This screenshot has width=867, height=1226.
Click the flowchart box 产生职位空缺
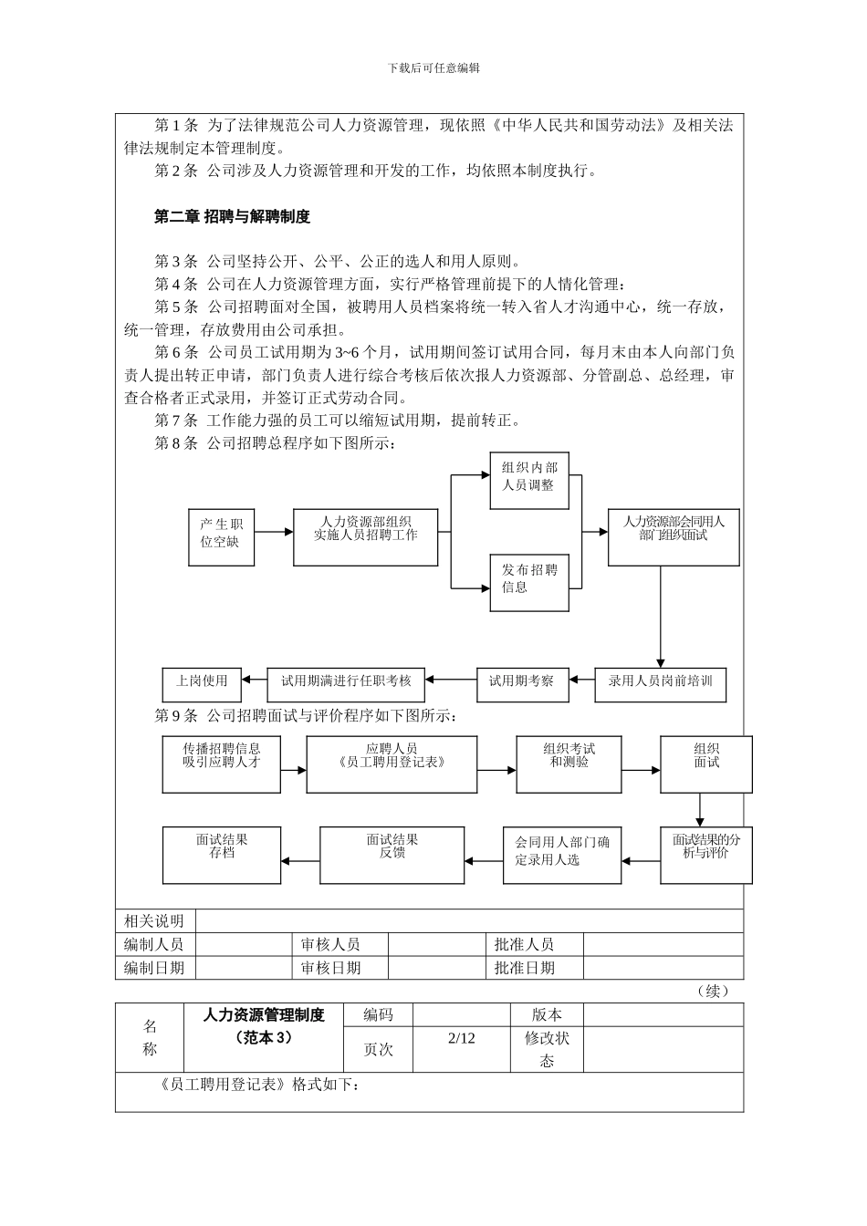pyautogui.click(x=221, y=536)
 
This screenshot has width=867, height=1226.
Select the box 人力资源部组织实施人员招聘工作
pyautogui.click(x=365, y=536)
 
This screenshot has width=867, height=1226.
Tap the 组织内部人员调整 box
pyautogui.click(x=529, y=481)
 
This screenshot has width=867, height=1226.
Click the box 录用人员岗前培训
pyautogui.click(x=661, y=684)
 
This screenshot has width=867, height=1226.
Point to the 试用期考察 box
pyautogui.click(x=522, y=684)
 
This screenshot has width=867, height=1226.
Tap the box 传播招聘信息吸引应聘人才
pyautogui.click(x=222, y=764)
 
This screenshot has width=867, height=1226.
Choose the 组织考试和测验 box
pyautogui.click(x=569, y=764)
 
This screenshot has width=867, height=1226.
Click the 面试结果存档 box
pyautogui.click(x=222, y=855)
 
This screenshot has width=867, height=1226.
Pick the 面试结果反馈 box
pyautogui.click(x=392, y=855)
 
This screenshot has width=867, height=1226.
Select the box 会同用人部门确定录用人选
pyautogui.click(x=562, y=855)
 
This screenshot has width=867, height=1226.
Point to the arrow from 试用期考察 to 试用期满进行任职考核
pyautogui.click(x=451, y=680)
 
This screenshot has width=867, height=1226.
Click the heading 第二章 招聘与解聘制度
pyautogui.click(x=232, y=217)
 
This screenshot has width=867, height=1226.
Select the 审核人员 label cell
pyautogui.click(x=330, y=944)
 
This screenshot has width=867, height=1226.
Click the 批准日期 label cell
pyautogui.click(x=524, y=968)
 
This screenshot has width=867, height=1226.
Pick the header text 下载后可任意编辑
pyautogui.click(x=434, y=68)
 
